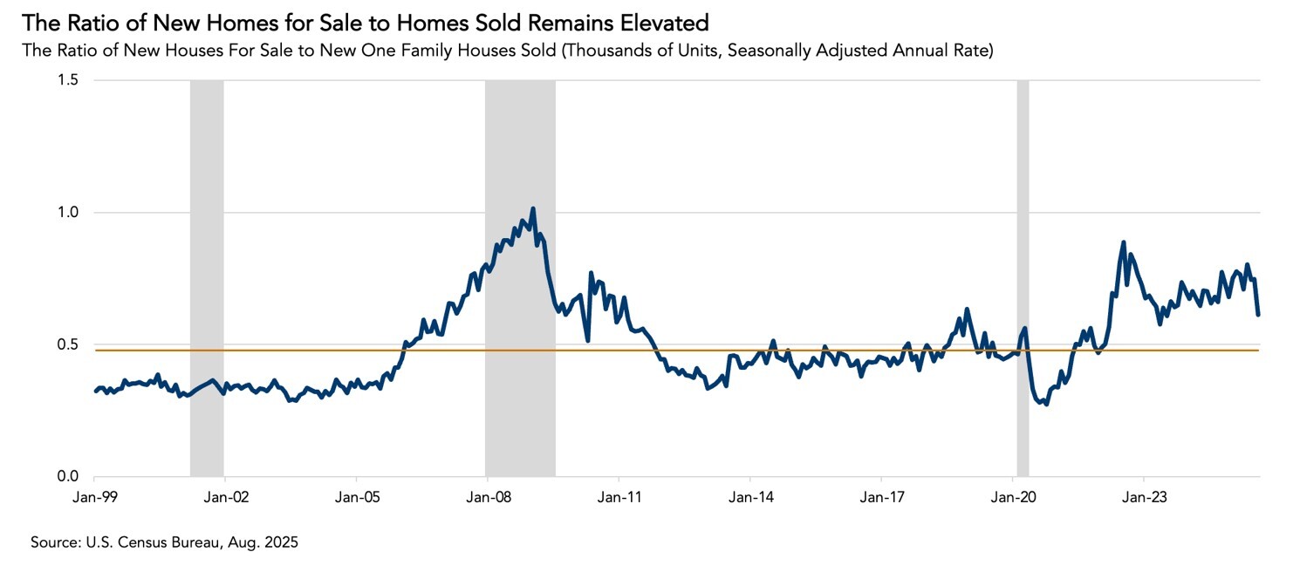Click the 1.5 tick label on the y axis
[67, 80]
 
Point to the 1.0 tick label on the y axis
[67, 213]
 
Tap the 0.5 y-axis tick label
[67, 344]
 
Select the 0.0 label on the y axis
[67, 477]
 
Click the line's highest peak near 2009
[533, 209]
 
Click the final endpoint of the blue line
[1258, 314]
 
